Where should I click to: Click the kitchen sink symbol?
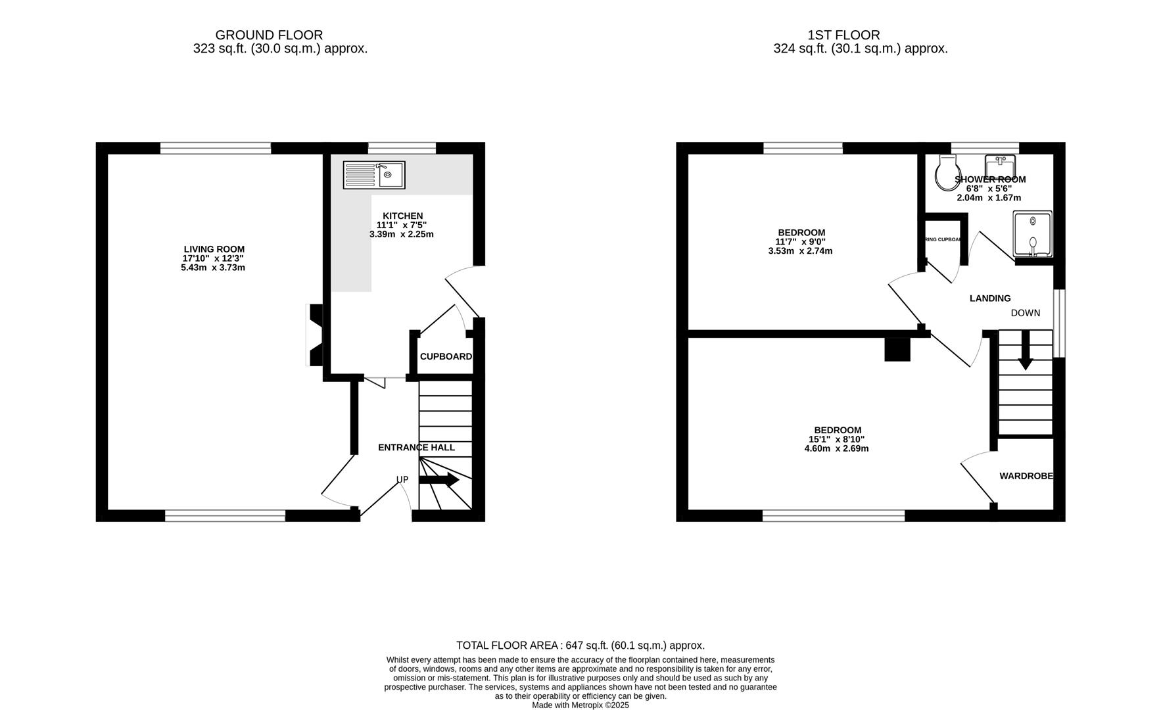point(374,175)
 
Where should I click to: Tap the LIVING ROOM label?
point(214,249)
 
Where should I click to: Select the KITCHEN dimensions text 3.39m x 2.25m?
point(402,234)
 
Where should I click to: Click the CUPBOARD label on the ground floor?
point(446,356)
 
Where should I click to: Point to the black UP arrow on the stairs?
point(439,480)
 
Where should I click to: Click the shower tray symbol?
point(1033,233)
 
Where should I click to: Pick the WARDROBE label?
point(1026,476)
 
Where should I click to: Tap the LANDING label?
point(990,298)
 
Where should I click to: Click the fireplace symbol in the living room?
point(314,335)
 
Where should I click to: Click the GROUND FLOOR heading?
point(269,35)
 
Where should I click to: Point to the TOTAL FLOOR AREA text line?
point(580,646)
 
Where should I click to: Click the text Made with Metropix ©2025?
point(580,705)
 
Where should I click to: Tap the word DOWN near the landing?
point(1026,313)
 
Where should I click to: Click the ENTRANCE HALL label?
point(416,448)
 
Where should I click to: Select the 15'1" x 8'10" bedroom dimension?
point(836,440)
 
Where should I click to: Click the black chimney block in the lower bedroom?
point(897,349)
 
